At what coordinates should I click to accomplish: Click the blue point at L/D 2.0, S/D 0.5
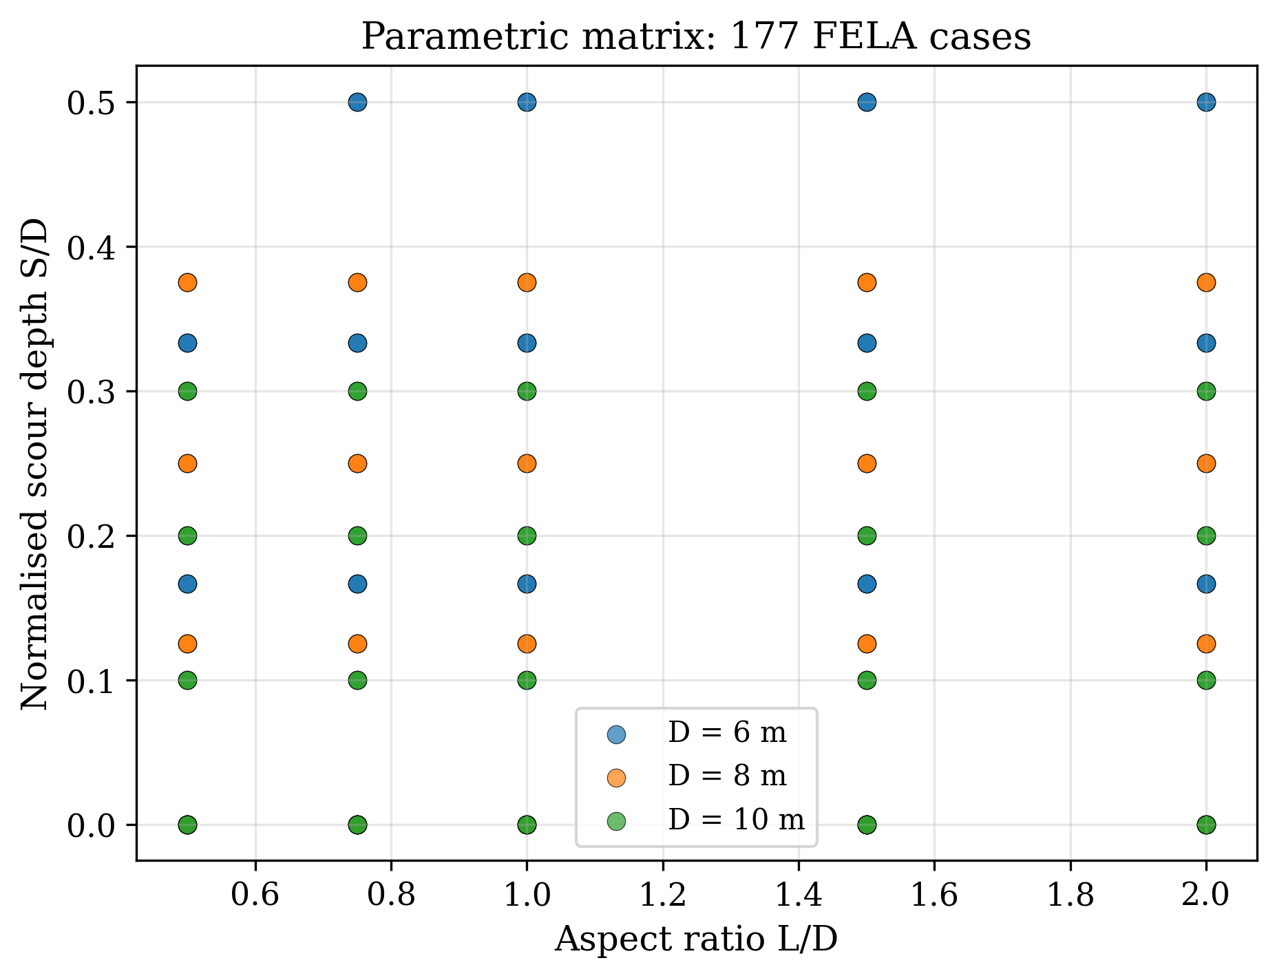click(1206, 103)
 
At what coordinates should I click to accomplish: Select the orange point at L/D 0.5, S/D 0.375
click(187, 282)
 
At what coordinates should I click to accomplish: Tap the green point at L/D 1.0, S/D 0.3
click(527, 392)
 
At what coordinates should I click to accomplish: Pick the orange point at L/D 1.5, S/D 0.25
click(867, 463)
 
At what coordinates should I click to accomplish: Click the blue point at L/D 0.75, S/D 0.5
click(357, 103)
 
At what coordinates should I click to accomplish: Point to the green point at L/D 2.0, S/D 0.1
click(1206, 680)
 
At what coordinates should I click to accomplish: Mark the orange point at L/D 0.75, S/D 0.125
click(357, 644)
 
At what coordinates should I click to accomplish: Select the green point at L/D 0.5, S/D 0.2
click(187, 535)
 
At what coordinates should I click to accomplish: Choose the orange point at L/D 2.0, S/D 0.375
click(1206, 282)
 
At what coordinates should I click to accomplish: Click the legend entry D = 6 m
click(727, 734)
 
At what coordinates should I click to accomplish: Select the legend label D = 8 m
click(727, 776)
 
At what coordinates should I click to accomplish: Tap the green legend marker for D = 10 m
click(617, 820)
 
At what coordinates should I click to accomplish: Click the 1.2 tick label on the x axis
click(663, 895)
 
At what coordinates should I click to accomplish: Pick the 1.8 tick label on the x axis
click(1070, 895)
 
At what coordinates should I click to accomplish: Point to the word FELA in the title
click(864, 36)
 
